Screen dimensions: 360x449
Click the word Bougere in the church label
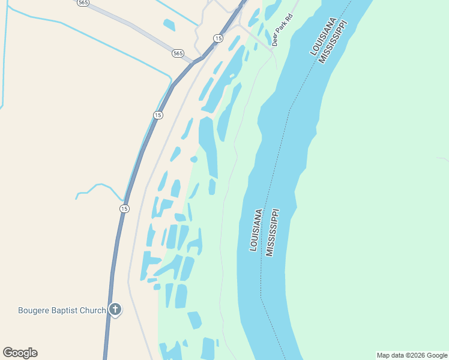click(x=34, y=310)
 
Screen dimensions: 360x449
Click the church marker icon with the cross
click(x=115, y=310)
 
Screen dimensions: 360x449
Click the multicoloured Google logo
click(x=20, y=353)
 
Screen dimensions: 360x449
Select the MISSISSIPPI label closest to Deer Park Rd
click(x=333, y=41)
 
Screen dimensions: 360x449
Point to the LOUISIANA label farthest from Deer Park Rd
click(x=256, y=230)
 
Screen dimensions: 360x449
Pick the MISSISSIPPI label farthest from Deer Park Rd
click(x=273, y=233)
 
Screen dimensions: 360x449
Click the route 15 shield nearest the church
click(x=124, y=208)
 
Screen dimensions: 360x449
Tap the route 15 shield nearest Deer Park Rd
click(x=218, y=38)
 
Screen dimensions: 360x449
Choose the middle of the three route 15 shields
click(x=158, y=115)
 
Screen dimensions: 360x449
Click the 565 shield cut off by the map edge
click(x=83, y=2)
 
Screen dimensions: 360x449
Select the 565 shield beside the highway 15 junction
click(x=178, y=53)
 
